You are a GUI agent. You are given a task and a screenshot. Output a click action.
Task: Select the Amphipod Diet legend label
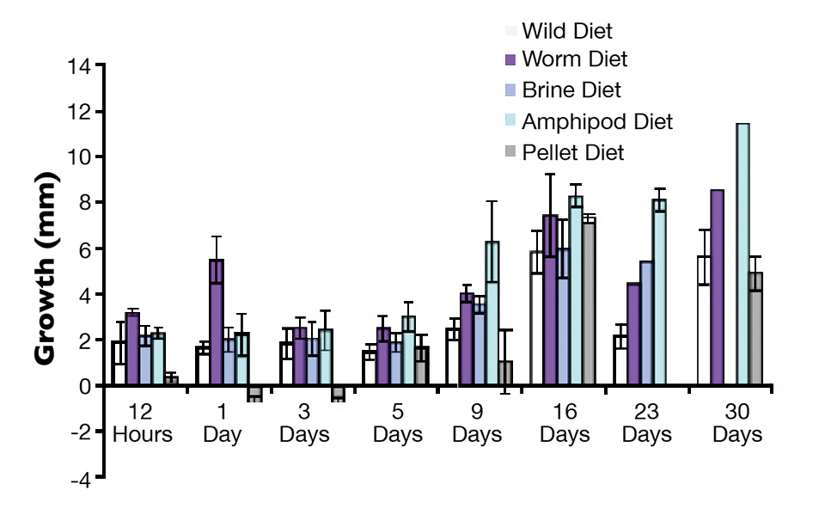click(597, 121)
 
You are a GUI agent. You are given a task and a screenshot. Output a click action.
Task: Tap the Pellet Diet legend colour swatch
click(510, 153)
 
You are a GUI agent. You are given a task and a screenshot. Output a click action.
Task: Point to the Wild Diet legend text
click(567, 32)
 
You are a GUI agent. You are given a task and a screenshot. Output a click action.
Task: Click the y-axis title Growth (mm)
click(47, 271)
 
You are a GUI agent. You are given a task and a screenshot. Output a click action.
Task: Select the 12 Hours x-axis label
click(142, 422)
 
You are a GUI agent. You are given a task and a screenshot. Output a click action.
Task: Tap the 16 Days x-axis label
click(565, 422)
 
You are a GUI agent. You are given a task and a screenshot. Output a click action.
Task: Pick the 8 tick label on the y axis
click(85, 204)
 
